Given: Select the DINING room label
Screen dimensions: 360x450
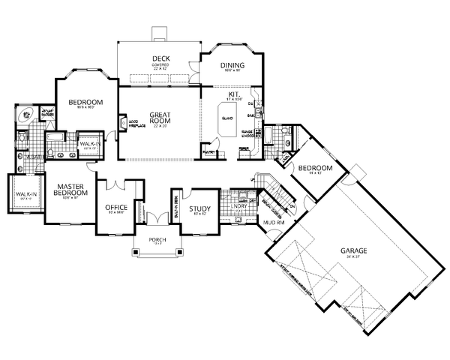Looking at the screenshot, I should tap(233, 66).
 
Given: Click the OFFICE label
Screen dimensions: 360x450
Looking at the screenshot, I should tap(117, 207).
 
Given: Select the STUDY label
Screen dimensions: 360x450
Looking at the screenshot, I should tap(199, 208).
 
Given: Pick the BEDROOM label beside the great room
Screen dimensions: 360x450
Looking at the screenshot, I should tap(85, 102).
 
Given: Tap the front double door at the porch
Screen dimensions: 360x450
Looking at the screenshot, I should tap(156, 219).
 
